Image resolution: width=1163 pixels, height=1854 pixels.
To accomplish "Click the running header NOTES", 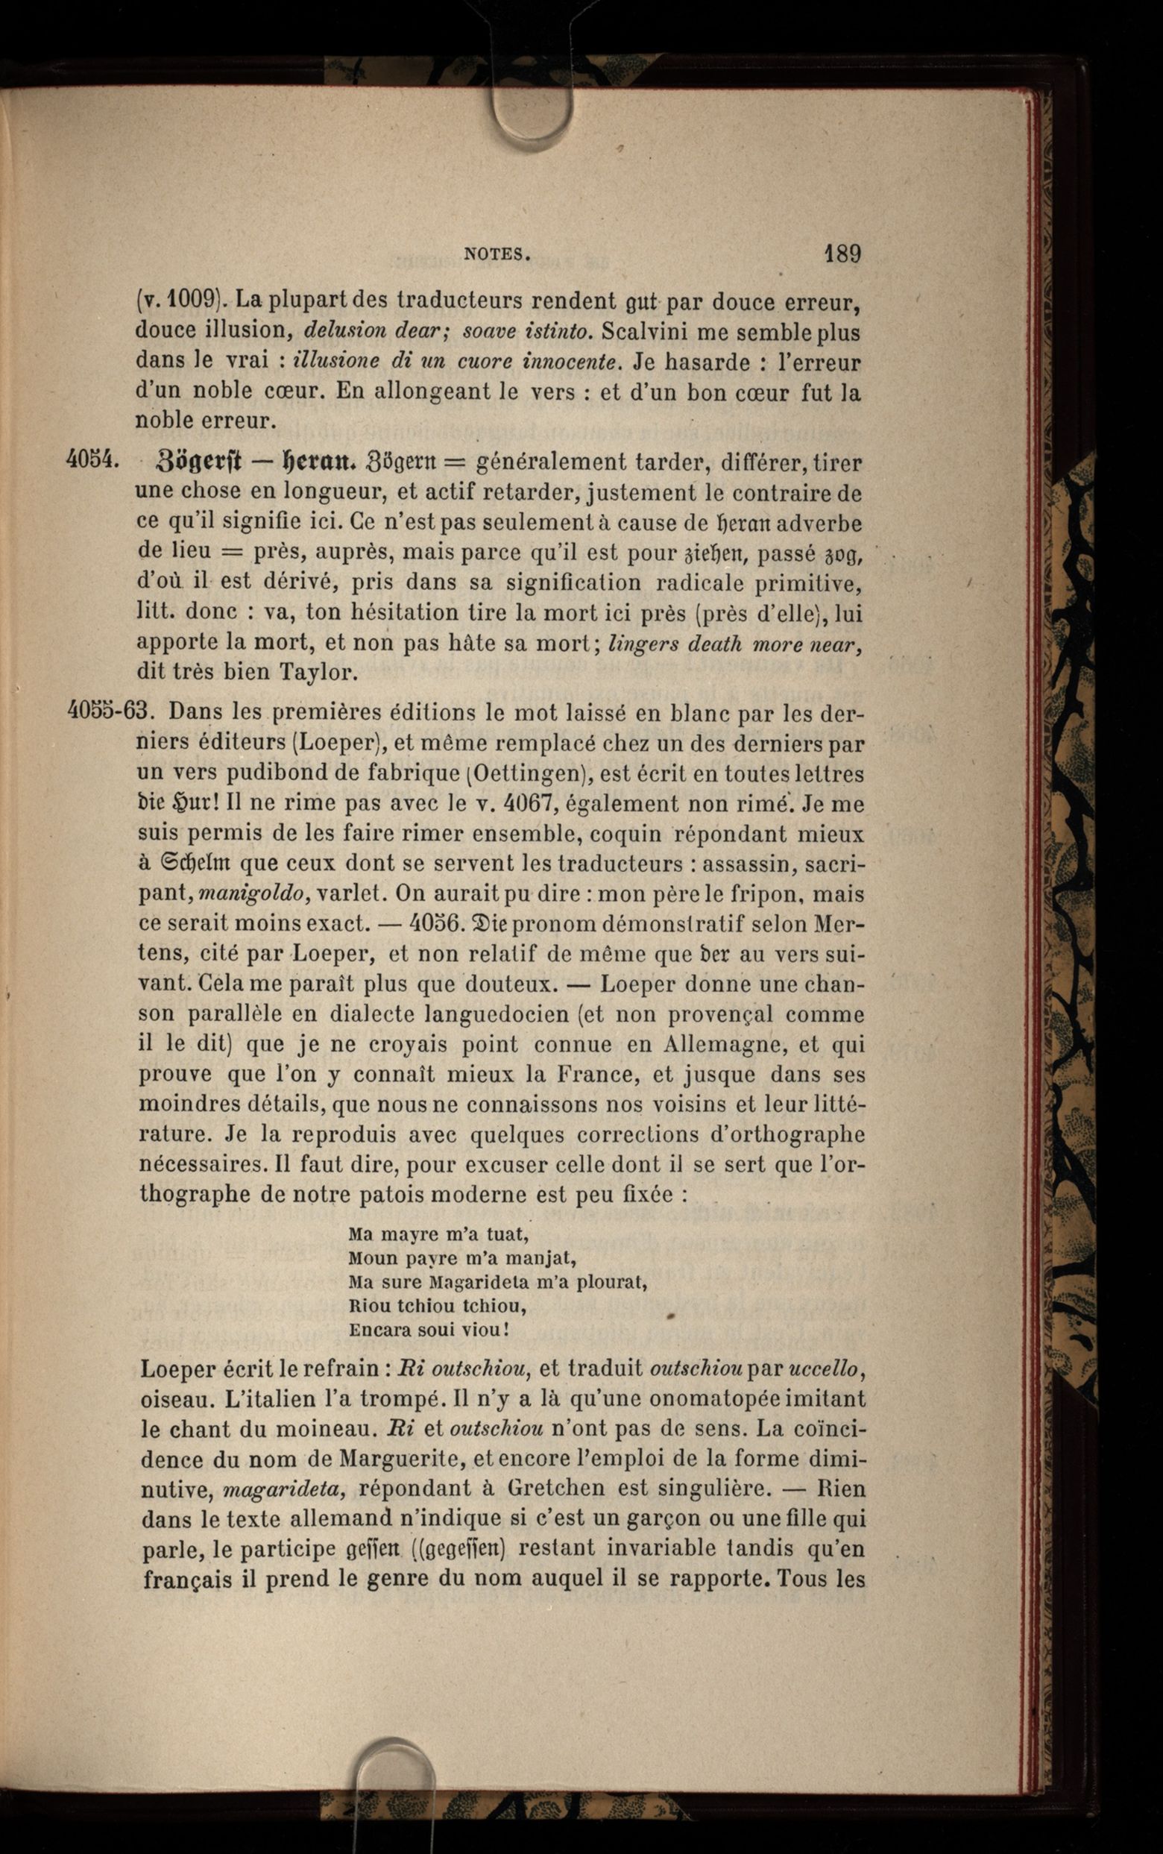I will pyautogui.click(x=497, y=254).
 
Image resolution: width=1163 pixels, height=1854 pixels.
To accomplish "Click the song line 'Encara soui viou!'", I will pyautogui.click(x=429, y=1329).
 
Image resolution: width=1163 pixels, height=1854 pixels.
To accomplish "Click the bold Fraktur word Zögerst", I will pyautogui.click(x=199, y=462).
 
